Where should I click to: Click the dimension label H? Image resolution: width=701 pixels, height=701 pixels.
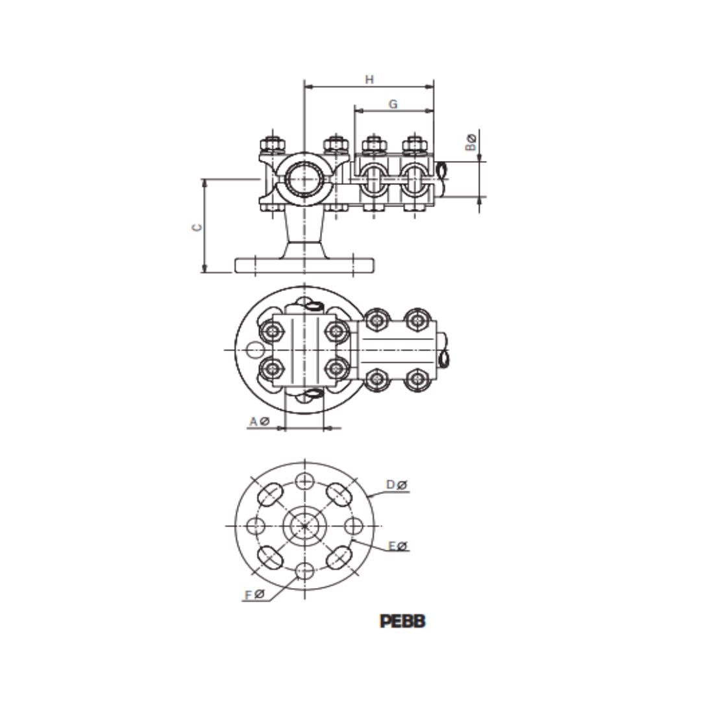coord(369,80)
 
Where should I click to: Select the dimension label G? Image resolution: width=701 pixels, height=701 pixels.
coord(393,104)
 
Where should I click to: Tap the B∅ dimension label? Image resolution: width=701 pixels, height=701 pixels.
coord(471,142)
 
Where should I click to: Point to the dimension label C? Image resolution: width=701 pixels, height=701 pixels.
coord(197,227)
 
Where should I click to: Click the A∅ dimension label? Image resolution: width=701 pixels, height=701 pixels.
coord(259,422)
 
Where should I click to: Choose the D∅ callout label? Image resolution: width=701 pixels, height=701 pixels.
coord(397,485)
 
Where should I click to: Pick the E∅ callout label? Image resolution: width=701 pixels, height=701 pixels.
coord(397,546)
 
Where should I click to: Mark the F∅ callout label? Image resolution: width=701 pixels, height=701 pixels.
coord(254,595)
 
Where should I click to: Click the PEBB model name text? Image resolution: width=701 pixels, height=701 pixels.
coord(402,621)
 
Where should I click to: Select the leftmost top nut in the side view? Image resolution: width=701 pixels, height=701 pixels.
coord(272,143)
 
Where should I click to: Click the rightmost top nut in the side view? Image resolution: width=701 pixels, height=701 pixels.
coord(414,143)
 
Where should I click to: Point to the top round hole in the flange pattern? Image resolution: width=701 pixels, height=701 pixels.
coord(304,481)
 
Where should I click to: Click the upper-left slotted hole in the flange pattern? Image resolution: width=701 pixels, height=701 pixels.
coord(270,495)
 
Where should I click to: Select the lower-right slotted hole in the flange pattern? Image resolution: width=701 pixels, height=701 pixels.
coord(338,558)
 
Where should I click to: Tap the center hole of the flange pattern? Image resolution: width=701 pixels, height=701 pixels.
coord(304,526)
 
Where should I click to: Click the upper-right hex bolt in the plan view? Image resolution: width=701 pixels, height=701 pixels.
coord(417,320)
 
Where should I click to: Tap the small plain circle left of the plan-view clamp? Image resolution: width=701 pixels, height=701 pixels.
coord(255,350)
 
